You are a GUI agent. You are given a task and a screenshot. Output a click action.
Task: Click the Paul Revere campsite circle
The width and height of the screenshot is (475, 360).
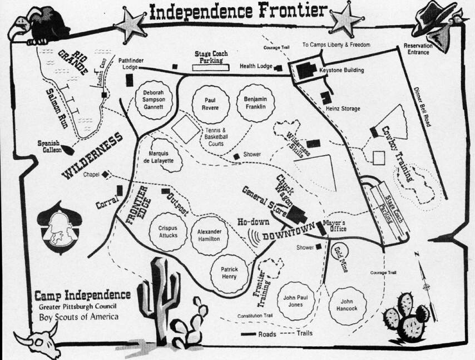click(x=206, y=104)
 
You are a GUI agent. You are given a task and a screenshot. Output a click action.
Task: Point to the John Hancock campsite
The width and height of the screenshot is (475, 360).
click(x=347, y=305)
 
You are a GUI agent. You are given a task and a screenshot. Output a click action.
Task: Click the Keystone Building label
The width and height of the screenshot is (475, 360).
click(x=342, y=71)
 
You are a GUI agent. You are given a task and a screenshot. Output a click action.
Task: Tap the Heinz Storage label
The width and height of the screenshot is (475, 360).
click(x=343, y=109)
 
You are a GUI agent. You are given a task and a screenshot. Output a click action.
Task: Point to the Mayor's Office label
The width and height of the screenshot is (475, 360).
click(x=334, y=225)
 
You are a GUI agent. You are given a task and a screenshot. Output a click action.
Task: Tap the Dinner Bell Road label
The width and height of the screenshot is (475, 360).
click(x=422, y=107)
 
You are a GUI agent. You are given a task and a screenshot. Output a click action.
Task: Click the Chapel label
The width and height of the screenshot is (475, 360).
click(x=91, y=174)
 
